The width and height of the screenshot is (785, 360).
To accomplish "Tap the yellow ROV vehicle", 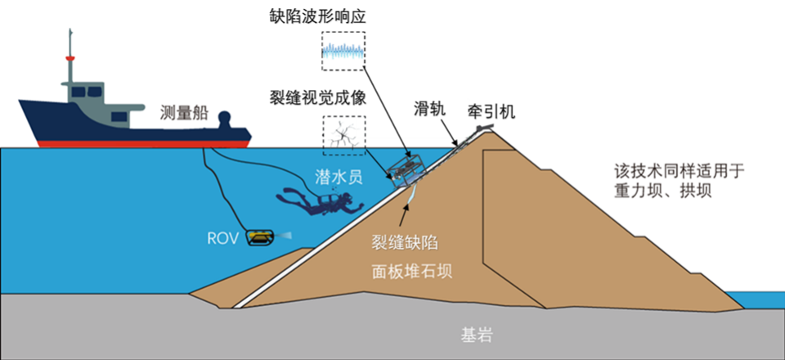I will click(x=261, y=237).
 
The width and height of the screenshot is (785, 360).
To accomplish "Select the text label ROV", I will click(x=223, y=238).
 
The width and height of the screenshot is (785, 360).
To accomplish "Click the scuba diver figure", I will click(x=315, y=202).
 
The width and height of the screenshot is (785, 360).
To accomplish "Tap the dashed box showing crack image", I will click(x=344, y=136).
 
